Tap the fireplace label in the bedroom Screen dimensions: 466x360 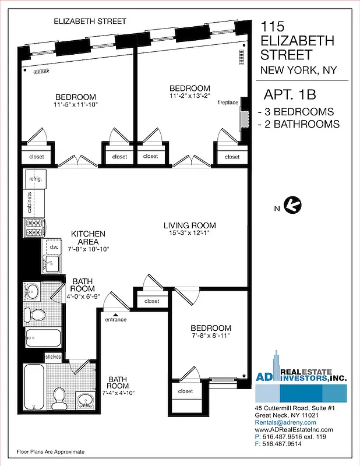pos(228,103)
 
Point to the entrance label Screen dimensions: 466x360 pos(116,320)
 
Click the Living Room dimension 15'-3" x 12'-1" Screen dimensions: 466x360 pos(189,234)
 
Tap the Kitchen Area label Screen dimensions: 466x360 pos(88,238)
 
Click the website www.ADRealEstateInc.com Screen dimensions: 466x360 pos(294,429)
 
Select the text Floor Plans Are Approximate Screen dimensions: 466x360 pos(50,451)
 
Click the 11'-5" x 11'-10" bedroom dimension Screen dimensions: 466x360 pos(75,105)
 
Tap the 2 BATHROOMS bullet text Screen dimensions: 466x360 pos(298,124)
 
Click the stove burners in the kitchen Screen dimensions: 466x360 pos(33,228)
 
